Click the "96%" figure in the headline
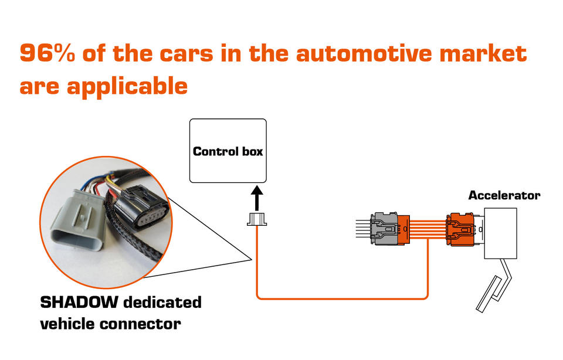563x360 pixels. (48, 53)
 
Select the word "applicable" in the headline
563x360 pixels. (127, 86)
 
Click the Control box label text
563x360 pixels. (228, 151)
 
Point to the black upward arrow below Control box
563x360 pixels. (257, 198)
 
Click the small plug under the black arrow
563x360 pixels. (257, 219)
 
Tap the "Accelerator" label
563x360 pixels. (504, 195)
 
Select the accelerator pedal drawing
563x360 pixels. (494, 286)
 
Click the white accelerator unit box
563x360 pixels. (500, 233)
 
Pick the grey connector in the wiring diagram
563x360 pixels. (385, 229)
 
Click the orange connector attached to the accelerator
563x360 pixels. (460, 229)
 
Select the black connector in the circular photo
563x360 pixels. (142, 207)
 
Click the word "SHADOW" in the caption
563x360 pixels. (79, 302)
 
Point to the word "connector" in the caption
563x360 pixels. (140, 324)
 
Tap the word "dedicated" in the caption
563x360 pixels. (162, 302)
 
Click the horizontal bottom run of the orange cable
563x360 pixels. (342, 298)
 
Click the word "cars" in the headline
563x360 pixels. (186, 53)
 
